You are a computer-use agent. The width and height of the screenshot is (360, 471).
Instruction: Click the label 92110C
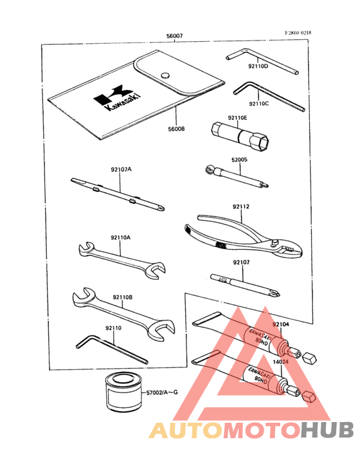(x=259, y=103)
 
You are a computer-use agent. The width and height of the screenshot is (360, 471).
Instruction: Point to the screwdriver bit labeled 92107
(x=244, y=280)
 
